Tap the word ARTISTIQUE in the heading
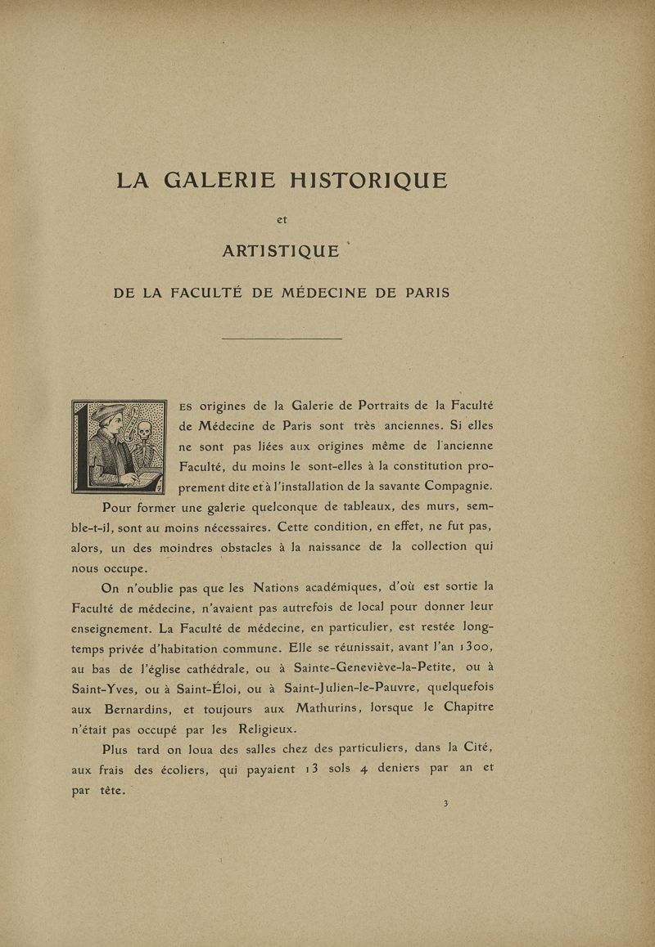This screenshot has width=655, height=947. pos(281,252)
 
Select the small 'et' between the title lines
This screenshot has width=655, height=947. pos(282,218)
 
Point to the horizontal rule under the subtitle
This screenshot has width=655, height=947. pos(282,339)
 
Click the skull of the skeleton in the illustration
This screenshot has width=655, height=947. pos(145,429)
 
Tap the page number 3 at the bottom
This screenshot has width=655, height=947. pos(445,804)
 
